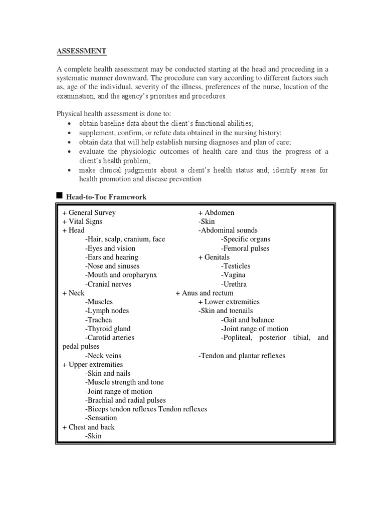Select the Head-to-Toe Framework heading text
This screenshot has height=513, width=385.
[106, 197]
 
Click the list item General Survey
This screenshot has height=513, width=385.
[89, 212]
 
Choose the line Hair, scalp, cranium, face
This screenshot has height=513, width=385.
[125, 239]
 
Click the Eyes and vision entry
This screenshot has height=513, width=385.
[110, 248]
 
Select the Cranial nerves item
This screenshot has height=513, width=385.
[108, 284]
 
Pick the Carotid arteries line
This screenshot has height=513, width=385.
[110, 338]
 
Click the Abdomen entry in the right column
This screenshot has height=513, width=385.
[216, 212]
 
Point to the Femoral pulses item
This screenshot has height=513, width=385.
[245, 248]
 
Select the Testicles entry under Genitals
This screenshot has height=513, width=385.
[236, 266]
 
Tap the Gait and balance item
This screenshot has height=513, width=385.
[247, 320]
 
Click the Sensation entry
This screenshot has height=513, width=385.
[101, 418]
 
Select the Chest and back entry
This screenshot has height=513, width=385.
[88, 427]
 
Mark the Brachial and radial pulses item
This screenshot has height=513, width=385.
[125, 400]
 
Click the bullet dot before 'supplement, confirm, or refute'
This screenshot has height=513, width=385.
[68, 133]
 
